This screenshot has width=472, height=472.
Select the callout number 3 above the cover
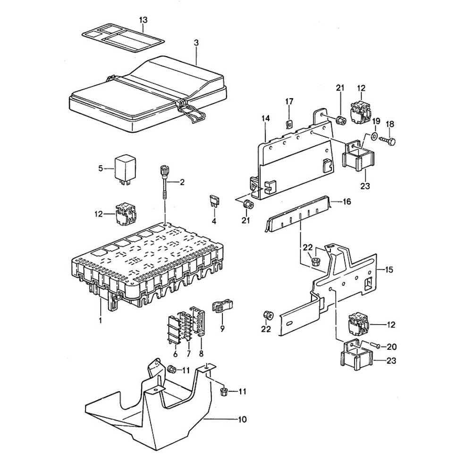(x=196, y=42)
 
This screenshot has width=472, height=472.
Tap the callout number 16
(x=347, y=202)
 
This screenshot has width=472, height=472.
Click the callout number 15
(x=389, y=270)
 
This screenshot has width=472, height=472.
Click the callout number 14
(x=266, y=118)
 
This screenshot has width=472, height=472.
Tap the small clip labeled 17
(x=289, y=124)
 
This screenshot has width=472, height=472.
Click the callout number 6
(x=175, y=354)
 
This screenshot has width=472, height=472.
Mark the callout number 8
(x=202, y=354)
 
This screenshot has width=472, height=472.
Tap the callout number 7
(x=188, y=354)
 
